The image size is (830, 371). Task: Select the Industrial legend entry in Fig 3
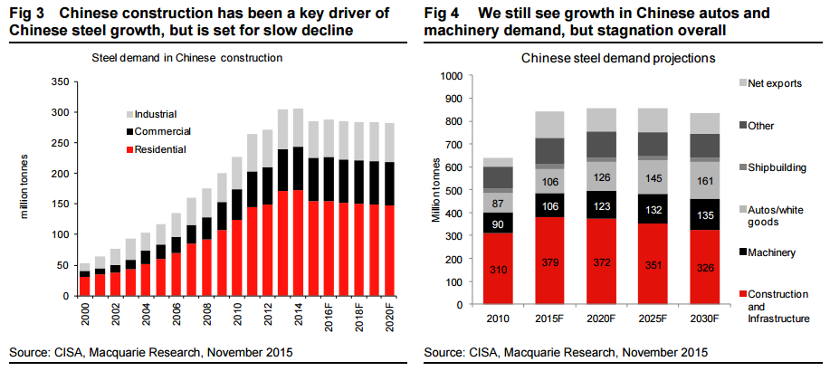pos(155,114)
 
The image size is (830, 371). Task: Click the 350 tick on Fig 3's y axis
pos(61,81)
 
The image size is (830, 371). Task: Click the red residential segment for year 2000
pos(84,286)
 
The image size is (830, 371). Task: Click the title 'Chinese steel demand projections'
pos(618,58)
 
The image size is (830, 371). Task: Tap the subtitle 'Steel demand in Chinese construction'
pos(187,58)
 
